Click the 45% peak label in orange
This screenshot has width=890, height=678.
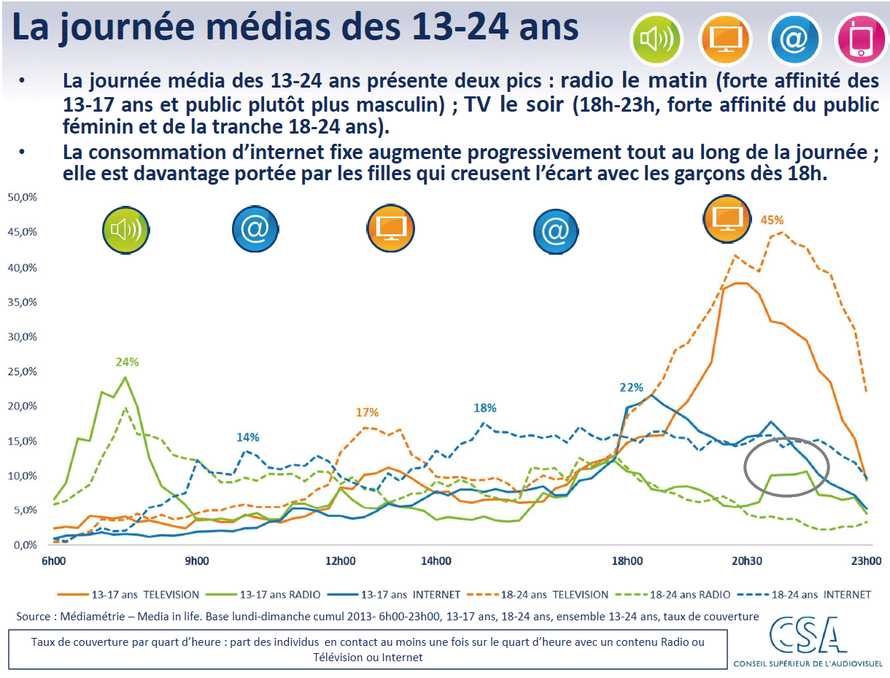coord(772,220)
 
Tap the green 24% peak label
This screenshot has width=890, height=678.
coord(127,361)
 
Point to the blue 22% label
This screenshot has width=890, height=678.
coord(631,388)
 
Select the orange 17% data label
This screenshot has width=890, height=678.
coord(367,412)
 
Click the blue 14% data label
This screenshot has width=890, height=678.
coord(247,437)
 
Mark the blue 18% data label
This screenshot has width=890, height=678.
coord(484,408)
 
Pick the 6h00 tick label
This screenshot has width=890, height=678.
coord(53,561)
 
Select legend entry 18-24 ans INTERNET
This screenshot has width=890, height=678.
coord(810,595)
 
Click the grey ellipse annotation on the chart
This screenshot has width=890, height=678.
coord(786,467)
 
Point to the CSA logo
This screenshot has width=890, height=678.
coord(805,639)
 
